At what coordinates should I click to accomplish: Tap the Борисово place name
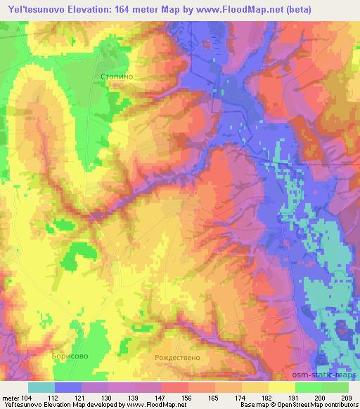click(x=70, y=357)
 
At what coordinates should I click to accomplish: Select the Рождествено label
click(x=177, y=357)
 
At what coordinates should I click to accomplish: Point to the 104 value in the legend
click(x=25, y=398)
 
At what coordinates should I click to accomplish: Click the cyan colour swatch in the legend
click(x=41, y=387)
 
